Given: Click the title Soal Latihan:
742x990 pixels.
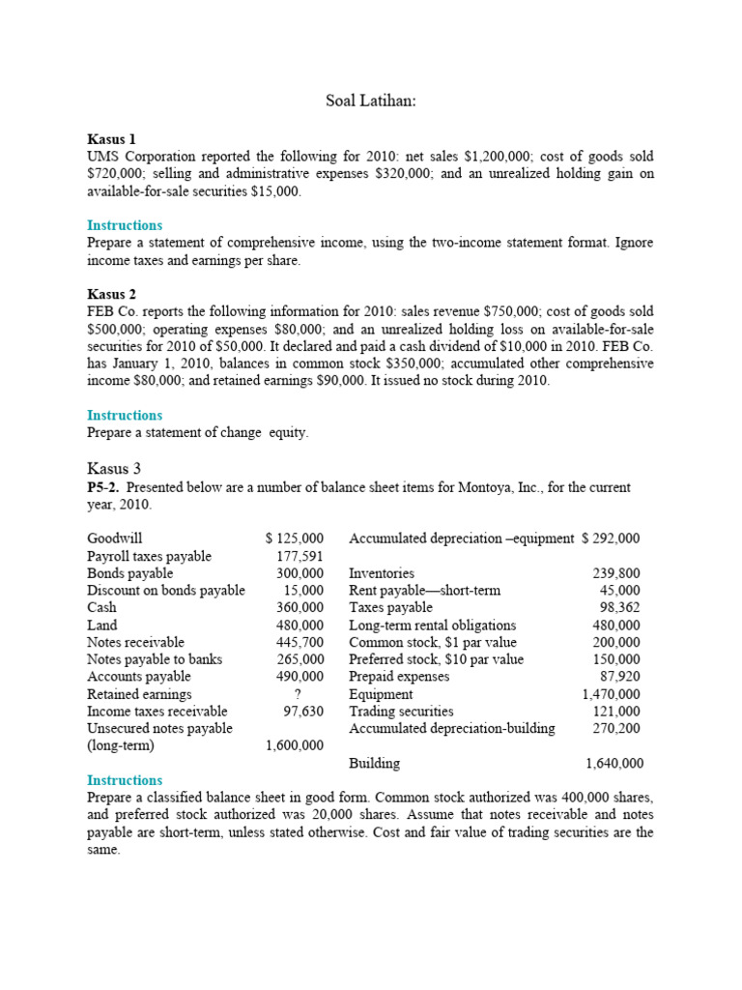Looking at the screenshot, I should point(370,102).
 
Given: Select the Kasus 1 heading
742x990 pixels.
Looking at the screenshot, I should point(111,139).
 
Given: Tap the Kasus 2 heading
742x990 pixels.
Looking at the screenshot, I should point(111,294).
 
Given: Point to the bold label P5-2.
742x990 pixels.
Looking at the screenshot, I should point(104,487).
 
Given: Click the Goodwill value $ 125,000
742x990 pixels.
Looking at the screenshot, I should point(295,539).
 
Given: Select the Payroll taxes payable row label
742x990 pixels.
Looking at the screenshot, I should point(149,556).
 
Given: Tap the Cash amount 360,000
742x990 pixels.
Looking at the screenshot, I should point(300,607).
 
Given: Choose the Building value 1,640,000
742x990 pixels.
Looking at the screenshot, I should point(614,764).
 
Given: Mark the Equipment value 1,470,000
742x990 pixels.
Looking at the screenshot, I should point(611,694).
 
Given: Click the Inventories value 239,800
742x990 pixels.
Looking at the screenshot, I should point(616,573).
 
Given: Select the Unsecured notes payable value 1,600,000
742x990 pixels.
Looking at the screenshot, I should point(295,746).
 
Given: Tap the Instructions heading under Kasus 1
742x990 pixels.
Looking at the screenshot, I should point(125,225).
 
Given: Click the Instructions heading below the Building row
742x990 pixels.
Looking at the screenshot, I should point(125,780).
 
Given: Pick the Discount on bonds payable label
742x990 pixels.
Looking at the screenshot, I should point(165,591).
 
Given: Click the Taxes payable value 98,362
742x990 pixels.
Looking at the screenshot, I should point(620,607).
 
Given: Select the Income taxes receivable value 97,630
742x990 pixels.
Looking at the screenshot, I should point(303,712).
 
